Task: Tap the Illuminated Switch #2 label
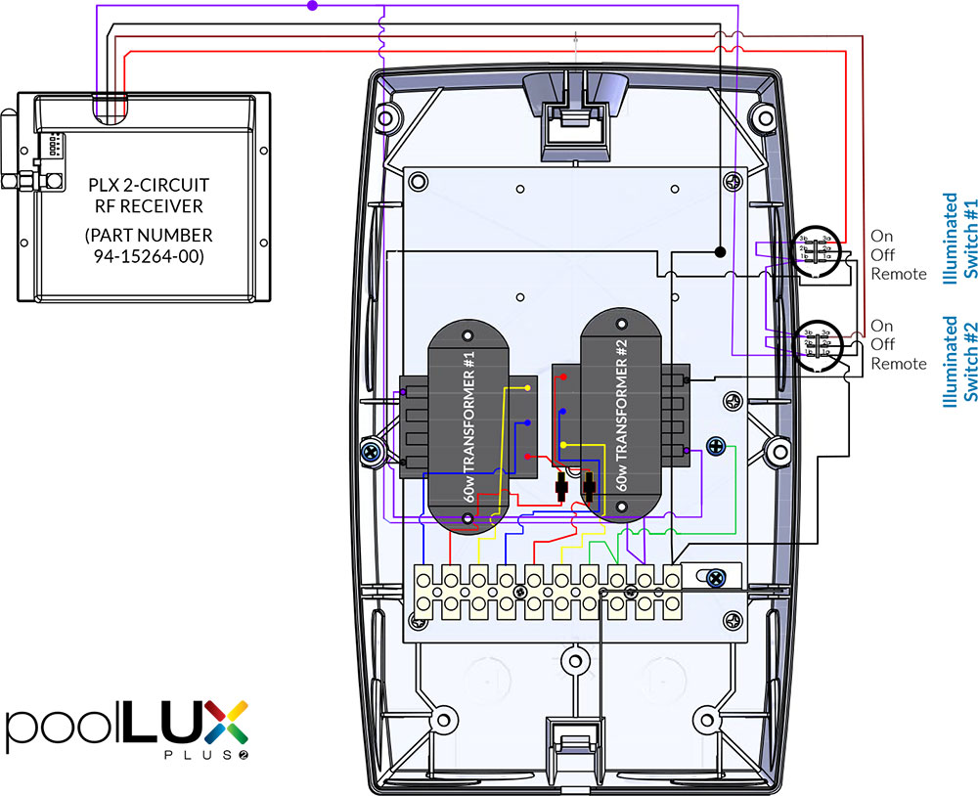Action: click(959, 359)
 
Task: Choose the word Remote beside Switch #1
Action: click(898, 274)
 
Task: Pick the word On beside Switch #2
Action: click(881, 326)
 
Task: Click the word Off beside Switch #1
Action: click(882, 255)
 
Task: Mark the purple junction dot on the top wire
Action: click(312, 6)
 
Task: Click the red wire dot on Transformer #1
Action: click(528, 457)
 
